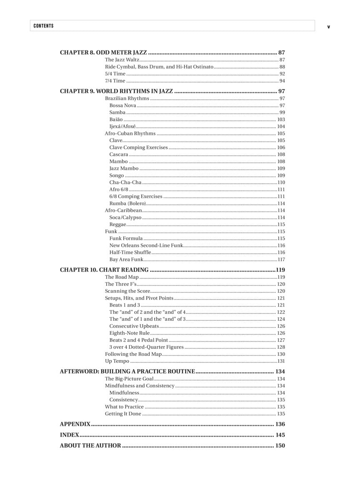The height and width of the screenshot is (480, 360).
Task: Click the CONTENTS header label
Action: tap(44, 26)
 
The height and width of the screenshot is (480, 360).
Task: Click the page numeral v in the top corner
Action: tap(328, 27)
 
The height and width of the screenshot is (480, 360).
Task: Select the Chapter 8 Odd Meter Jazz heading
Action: tap(103, 52)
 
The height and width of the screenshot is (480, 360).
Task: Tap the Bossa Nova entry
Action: tap(122, 105)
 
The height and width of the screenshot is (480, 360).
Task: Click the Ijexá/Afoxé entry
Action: tap(122, 126)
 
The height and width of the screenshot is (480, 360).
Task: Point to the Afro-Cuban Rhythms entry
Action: tap(130, 133)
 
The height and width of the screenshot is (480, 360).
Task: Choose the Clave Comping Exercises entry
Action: tap(138, 147)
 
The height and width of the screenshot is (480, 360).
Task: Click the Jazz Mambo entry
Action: tap(124, 168)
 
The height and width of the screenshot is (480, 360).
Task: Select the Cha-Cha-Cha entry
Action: tap(125, 182)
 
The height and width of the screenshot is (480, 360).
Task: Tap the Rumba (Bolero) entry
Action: tap(127, 203)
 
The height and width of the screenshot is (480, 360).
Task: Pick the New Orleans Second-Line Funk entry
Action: tap(146, 245)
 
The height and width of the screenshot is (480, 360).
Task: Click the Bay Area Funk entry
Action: tap(126, 260)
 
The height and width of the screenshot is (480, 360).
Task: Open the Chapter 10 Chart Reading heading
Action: tap(104, 270)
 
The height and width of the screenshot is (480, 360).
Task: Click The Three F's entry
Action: tap(120, 284)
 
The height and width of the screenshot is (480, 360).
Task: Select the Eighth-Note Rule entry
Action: tap(129, 333)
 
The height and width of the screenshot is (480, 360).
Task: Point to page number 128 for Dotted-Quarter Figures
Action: tap(281, 347)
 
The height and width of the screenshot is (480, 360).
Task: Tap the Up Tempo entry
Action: tap(117, 361)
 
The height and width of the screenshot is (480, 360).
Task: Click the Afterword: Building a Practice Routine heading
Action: tap(127, 371)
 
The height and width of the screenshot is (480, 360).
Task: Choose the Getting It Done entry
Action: tap(123, 414)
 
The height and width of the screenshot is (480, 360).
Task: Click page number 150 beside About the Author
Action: tap(280, 445)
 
